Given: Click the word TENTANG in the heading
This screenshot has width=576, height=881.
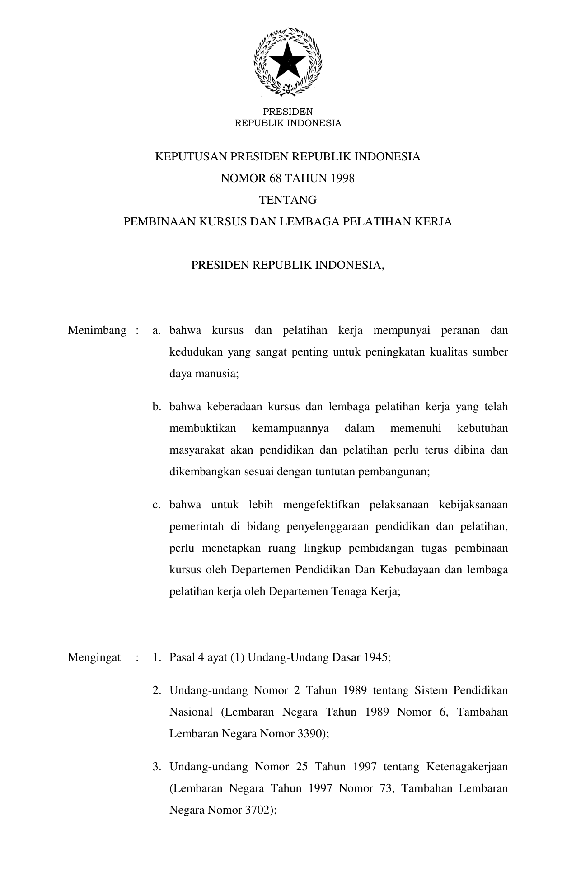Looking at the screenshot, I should [x=288, y=200].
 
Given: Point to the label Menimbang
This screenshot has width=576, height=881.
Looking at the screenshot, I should [x=97, y=330].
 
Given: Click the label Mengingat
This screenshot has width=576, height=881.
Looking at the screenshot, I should [x=94, y=657].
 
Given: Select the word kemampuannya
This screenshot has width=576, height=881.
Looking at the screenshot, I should [x=290, y=428].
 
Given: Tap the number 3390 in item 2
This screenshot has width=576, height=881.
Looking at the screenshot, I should [x=311, y=733].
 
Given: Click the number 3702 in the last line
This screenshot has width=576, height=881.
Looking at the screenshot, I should [x=258, y=810].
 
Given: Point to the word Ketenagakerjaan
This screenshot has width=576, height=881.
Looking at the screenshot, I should [x=467, y=766].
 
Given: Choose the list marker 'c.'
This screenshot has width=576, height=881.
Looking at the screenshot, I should [x=157, y=505].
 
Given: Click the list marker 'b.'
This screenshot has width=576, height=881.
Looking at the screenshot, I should [x=157, y=407].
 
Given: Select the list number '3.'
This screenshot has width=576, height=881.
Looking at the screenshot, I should [x=157, y=766].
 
